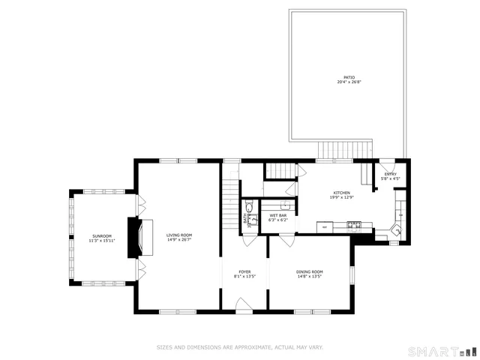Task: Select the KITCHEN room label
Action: pos(342,193)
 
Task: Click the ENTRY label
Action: pos(390,174)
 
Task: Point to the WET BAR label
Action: pos(277,215)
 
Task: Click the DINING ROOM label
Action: pos(309,271)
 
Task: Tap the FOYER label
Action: pos(244,271)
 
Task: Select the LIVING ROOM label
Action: pos(179,235)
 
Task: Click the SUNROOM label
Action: pos(102,236)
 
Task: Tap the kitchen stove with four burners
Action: pos(355,224)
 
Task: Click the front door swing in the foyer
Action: pos(243,303)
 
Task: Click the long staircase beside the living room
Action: pos(230,198)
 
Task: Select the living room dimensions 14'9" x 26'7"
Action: pos(179,240)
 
